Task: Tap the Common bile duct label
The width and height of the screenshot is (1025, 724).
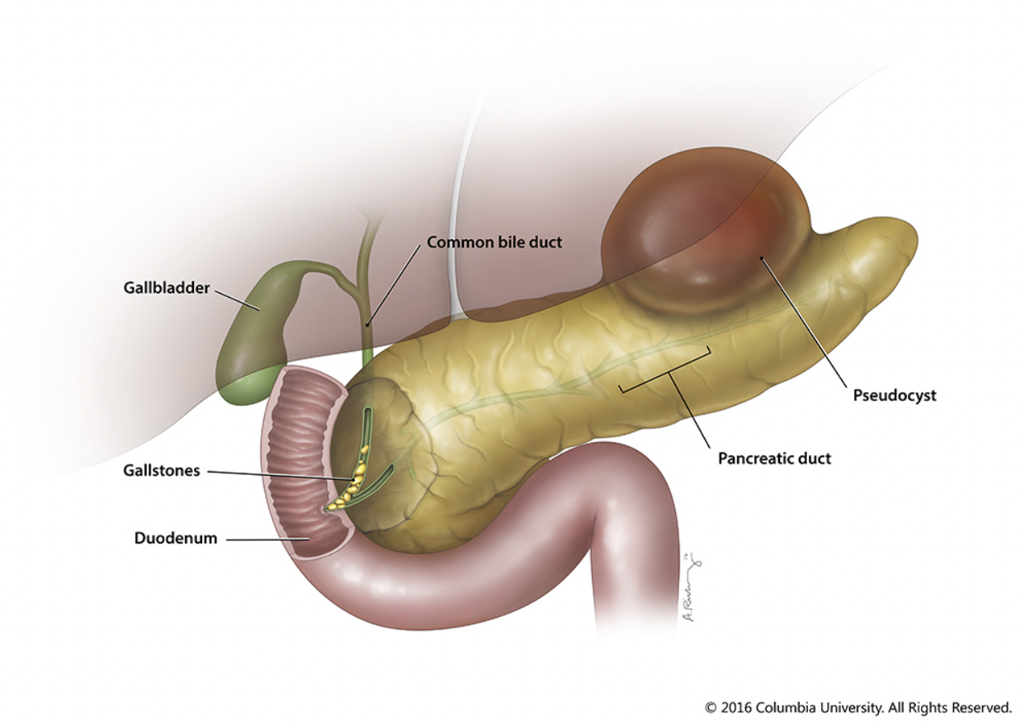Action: coord(494,243)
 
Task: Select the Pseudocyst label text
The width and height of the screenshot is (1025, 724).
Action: coord(894,396)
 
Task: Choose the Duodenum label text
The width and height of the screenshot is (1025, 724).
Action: coord(176,538)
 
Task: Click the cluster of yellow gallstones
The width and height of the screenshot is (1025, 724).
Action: coord(347,491)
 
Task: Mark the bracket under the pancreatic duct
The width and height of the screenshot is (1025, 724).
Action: coord(665,375)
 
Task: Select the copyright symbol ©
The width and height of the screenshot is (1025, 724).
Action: coord(711,708)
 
